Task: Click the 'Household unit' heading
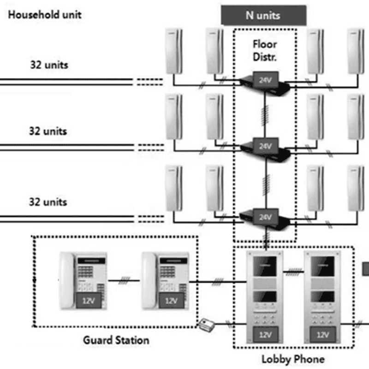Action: [x=45, y=15]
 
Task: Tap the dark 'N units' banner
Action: [x=263, y=15]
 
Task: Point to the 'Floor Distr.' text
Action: [x=265, y=51]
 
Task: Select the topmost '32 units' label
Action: [x=49, y=65]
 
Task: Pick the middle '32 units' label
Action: [x=48, y=131]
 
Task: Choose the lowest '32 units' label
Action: [x=48, y=202]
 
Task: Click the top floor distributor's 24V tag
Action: [x=266, y=80]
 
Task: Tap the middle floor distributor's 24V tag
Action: [x=266, y=146]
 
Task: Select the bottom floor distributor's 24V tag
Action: [x=266, y=217]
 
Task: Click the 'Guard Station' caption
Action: [x=116, y=340]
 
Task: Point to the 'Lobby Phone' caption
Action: [x=293, y=359]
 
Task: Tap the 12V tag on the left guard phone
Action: [x=89, y=301]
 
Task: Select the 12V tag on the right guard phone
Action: [x=172, y=301]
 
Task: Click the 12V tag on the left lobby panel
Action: [x=266, y=334]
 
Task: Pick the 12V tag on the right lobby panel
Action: [x=322, y=334]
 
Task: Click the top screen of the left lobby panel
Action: [x=265, y=266]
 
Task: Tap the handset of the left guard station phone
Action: [x=67, y=280]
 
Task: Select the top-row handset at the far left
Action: [x=174, y=51]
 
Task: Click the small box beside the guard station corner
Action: [x=207, y=325]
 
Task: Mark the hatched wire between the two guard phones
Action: [x=124, y=280]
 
